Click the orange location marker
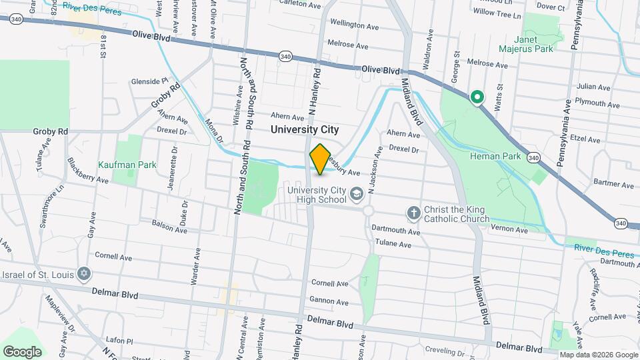(x=320, y=159)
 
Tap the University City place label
(x=305, y=130)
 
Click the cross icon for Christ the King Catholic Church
(x=413, y=213)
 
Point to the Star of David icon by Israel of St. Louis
(x=83, y=274)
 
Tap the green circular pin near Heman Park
(x=477, y=98)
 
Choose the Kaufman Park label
(x=127, y=164)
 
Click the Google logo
(x=23, y=351)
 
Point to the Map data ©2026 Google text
(x=598, y=355)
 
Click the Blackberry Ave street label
(x=87, y=171)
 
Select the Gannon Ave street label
(x=329, y=302)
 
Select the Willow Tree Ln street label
(x=496, y=13)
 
